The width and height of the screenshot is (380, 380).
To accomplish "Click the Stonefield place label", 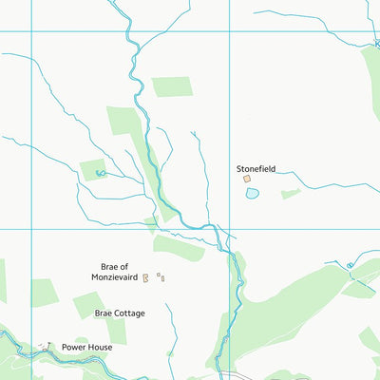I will pyautogui.click(x=256, y=168).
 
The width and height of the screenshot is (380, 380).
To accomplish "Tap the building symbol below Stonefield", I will pyautogui.click(x=247, y=178).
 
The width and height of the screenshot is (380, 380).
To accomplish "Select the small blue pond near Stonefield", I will pyautogui.click(x=252, y=193).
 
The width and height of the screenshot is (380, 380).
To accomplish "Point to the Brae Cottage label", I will pyautogui.click(x=120, y=313).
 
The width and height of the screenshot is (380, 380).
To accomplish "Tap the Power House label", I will pyautogui.click(x=87, y=348).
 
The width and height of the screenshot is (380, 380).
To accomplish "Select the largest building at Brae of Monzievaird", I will pyautogui.click(x=146, y=278).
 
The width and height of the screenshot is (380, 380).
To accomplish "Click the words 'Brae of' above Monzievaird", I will pyautogui.click(x=114, y=267).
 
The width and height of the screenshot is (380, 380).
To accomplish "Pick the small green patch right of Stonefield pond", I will pyautogui.click(x=291, y=194).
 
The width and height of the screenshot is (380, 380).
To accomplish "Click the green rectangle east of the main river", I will pyautogui.click(x=171, y=86).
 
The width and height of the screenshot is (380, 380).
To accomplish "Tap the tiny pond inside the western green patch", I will pyautogui.click(x=100, y=173).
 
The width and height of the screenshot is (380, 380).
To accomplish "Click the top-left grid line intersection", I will pyautogui.click(x=31, y=31).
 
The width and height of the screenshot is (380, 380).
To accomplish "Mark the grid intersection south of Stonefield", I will pyautogui.click(x=229, y=229).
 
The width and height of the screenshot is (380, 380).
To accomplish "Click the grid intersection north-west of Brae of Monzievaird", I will pyautogui.click(x=31, y=229).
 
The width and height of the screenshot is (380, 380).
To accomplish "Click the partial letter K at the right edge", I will pyautogui.click(x=376, y=44).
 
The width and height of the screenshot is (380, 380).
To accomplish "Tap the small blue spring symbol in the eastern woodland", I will pyautogui.click(x=350, y=265).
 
